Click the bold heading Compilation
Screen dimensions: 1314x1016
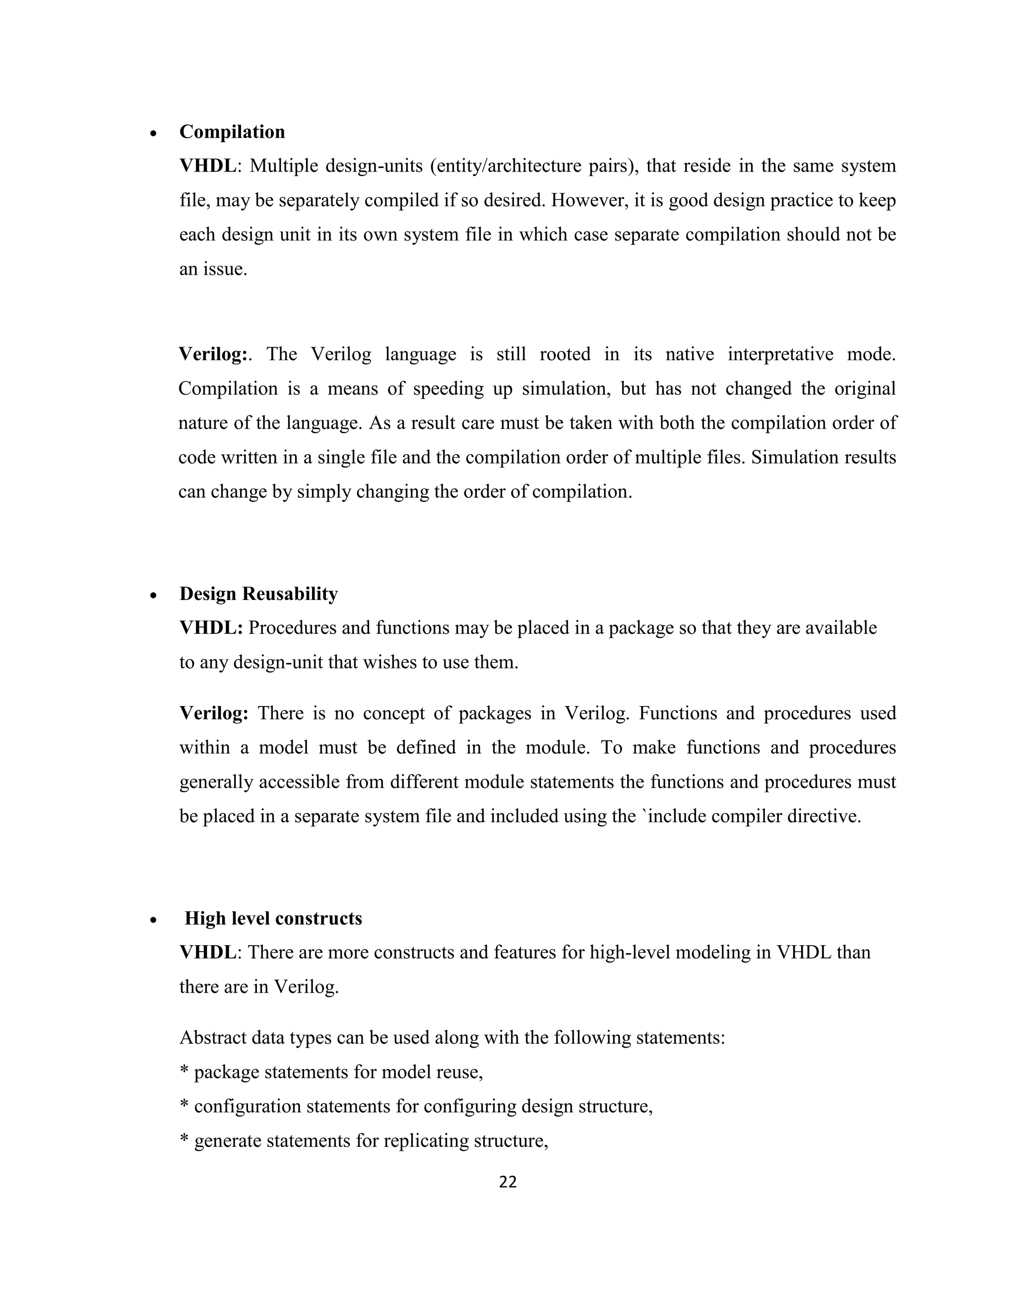point(232,132)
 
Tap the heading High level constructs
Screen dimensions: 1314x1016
point(273,919)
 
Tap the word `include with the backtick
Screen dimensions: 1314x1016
point(672,817)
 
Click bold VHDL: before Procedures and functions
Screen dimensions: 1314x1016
point(211,628)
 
